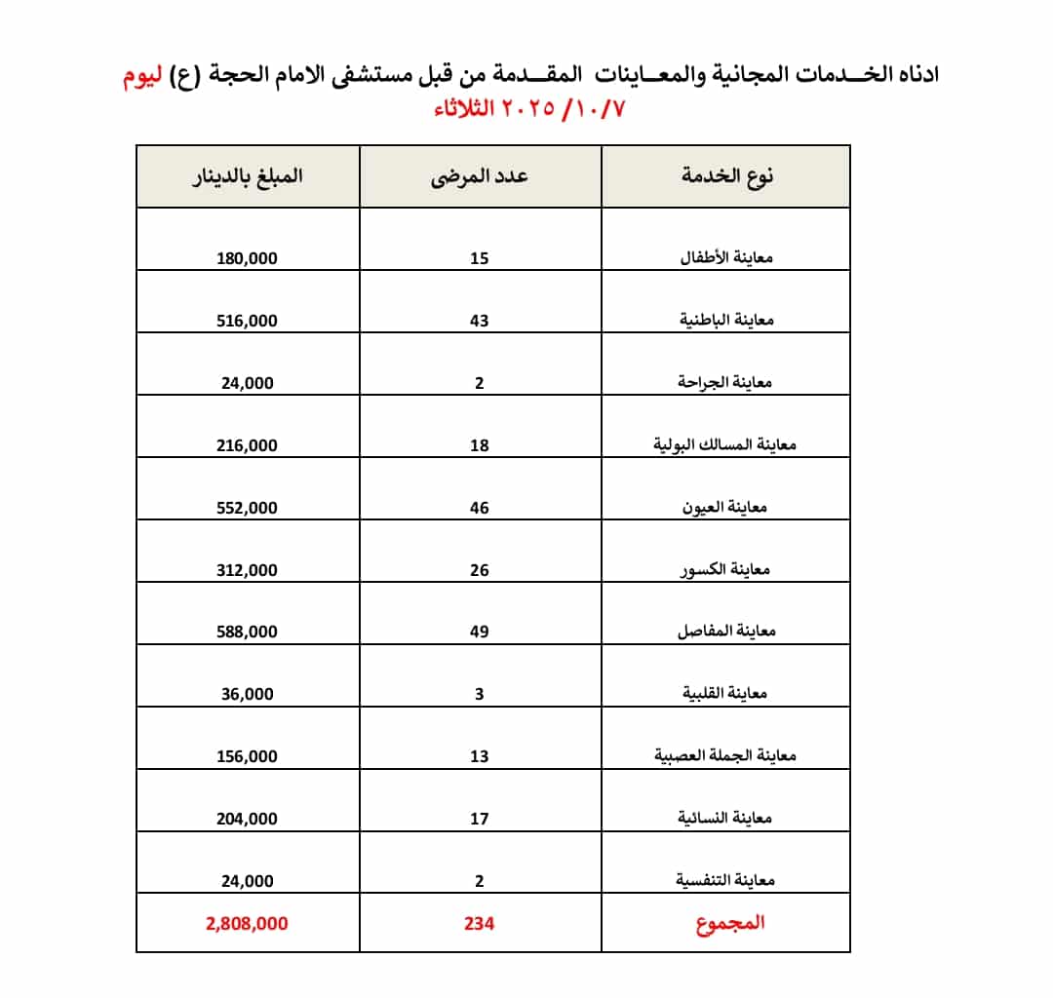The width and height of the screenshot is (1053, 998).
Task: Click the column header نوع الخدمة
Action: pyautogui.click(x=725, y=176)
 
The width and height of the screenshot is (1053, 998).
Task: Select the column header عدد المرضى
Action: pyautogui.click(x=480, y=176)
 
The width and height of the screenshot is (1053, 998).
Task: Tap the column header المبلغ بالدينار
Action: pyautogui.click(x=247, y=176)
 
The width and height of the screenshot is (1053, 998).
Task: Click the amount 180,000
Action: pyautogui.click(x=247, y=258)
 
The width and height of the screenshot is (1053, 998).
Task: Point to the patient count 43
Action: pyautogui.click(x=479, y=321)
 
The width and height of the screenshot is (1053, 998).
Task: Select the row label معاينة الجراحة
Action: pyautogui.click(x=725, y=382)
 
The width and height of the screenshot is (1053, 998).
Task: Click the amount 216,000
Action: pyautogui.click(x=247, y=445)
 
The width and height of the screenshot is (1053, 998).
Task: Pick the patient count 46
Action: pyautogui.click(x=479, y=508)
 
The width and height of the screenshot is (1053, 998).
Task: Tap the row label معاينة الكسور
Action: pyautogui.click(x=725, y=569)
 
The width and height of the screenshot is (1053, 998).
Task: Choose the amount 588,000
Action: pyautogui.click(x=247, y=632)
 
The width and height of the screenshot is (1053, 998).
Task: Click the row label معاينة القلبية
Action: pyautogui.click(x=725, y=693)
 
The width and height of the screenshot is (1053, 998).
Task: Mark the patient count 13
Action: pyautogui.click(x=479, y=756)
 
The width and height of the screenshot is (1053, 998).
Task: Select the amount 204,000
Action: pyautogui.click(x=247, y=819)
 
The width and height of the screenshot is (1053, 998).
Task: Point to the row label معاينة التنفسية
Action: pyautogui.click(x=725, y=880)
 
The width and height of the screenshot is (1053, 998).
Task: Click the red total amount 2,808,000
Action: pyautogui.click(x=247, y=923)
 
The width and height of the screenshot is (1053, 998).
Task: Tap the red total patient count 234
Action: pyautogui.click(x=479, y=923)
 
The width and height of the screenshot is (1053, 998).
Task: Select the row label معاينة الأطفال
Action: pyautogui.click(x=725, y=258)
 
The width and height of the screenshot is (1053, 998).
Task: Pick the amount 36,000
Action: pyautogui.click(x=247, y=694)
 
